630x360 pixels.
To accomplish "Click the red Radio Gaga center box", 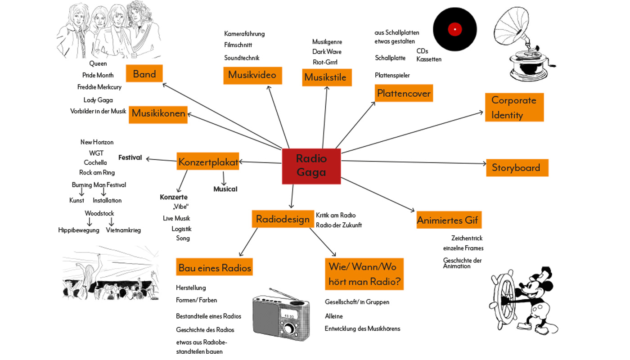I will pos(311,166).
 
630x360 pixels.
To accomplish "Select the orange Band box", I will pos(144,74).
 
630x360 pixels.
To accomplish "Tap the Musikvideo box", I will pos(252,75).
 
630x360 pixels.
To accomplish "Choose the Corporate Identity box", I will pos(514,107).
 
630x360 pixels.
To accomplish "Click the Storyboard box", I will pos(517,167).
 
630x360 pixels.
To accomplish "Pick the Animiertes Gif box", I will pos(448,220).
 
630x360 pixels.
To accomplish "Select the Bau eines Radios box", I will pos(215,268).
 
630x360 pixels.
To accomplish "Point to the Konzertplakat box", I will pos(208,162).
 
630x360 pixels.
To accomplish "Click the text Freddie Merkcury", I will pos(99,87).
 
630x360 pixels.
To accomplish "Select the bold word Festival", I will pos(130,157).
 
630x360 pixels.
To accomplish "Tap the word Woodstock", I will pos(99,213).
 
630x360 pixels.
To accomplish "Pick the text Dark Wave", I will pos(327,52).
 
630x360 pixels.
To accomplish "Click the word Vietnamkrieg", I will pos(123,230).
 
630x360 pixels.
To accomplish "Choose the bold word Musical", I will pos(225,189).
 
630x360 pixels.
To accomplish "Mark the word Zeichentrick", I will pos(467,238).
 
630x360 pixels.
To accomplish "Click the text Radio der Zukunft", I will pos(338,225).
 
